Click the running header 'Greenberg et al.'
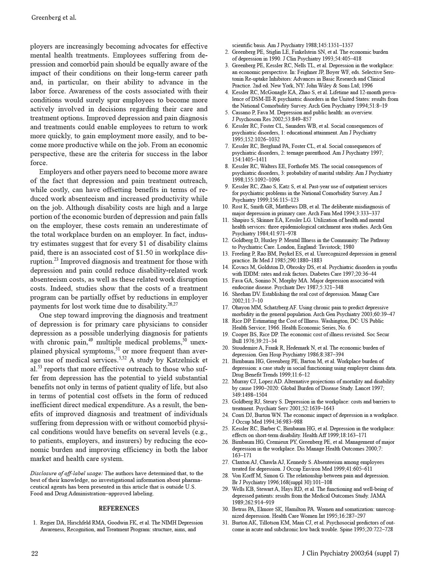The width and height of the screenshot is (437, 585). (54, 18)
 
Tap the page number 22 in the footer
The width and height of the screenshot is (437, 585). (34, 553)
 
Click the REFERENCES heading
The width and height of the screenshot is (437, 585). (119, 508)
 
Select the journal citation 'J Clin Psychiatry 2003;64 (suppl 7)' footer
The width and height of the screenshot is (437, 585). (350, 553)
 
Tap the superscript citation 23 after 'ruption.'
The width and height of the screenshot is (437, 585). (57, 259)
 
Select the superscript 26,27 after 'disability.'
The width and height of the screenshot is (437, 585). (173, 304)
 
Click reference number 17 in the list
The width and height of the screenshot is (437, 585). (225, 307)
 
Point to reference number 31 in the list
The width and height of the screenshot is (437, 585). (225, 523)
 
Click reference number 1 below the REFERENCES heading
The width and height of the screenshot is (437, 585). (35, 523)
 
